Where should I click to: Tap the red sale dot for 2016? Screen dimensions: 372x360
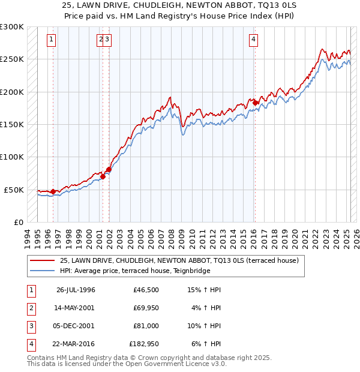(255, 103)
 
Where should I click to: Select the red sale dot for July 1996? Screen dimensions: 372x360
(53, 191)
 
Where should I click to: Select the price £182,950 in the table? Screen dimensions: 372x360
(144, 344)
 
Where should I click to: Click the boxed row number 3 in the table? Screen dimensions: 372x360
(30, 326)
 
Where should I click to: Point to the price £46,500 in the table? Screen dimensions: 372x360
(146, 290)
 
